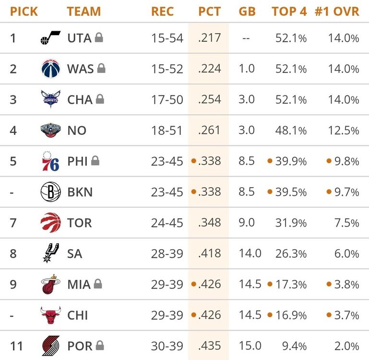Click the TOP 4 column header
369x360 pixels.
coord(289,11)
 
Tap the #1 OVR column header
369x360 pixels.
coord(337,11)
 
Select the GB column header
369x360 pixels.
coord(247,11)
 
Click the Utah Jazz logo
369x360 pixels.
coord(50,38)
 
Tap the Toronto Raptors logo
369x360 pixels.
coord(50,223)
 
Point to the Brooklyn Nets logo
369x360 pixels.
coord(50,192)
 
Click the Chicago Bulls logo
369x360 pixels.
coord(50,315)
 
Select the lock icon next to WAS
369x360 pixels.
coord(101,69)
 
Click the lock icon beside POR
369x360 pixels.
coord(100,345)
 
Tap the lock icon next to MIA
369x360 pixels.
coord(97,284)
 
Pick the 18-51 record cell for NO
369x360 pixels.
coord(167,131)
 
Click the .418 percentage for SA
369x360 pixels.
coord(209,253)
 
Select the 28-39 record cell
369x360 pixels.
coord(167,253)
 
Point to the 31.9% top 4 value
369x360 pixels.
coord(291,223)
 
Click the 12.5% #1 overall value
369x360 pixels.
coord(343,131)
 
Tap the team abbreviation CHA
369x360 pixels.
coord(80,100)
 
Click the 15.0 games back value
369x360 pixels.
coord(250,346)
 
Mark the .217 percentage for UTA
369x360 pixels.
coord(209,38)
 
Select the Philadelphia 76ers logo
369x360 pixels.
coord(50,161)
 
